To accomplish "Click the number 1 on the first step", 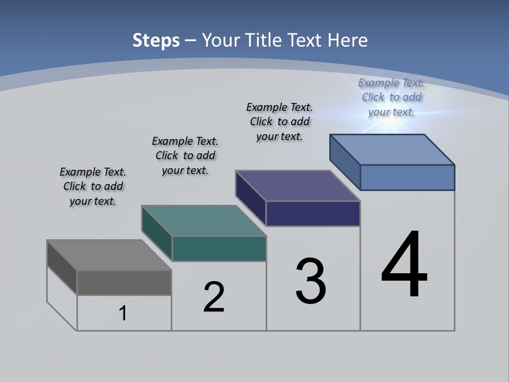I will [123, 313].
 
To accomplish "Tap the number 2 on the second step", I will [214, 297].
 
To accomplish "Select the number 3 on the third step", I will [311, 281].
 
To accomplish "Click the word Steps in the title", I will [156, 40].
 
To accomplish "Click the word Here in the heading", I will [348, 40].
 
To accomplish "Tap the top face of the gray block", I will [109, 255].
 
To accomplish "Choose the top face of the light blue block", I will [392, 150].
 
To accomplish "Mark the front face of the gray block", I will [124, 282].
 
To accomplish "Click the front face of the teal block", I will [219, 248].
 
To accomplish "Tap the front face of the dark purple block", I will [313, 213].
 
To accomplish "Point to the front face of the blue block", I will [407, 177].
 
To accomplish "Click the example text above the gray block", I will [93, 186].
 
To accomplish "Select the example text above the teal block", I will [185, 155].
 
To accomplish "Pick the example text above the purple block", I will [279, 121].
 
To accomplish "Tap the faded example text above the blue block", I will [391, 97].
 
